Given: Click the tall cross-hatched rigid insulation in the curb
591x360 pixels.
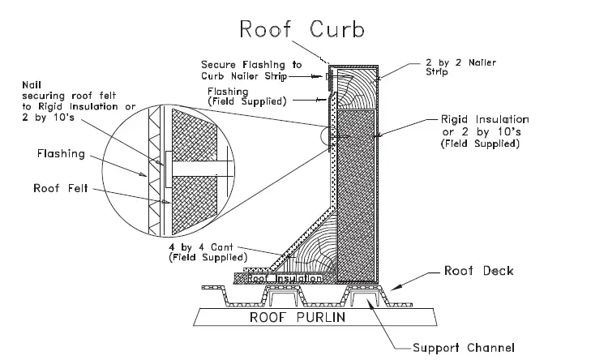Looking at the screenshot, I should [356, 195].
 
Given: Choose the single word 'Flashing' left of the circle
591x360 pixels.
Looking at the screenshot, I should [61, 152].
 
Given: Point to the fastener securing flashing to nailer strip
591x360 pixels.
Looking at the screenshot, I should [328, 77].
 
